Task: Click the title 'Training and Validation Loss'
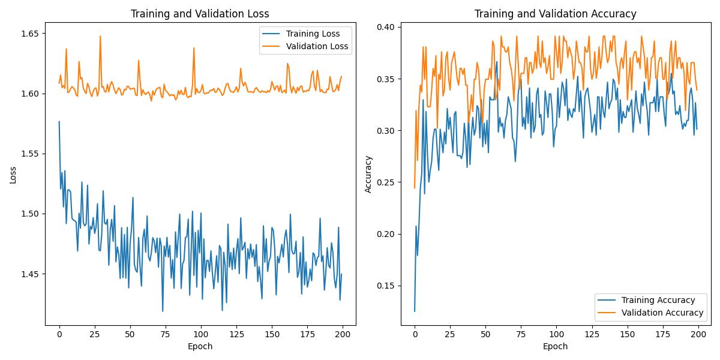pyautogui.click(x=200, y=14)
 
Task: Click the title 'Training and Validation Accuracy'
pyautogui.click(x=556, y=14)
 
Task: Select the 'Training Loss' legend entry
pyautogui.click(x=313, y=34)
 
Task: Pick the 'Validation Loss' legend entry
pyautogui.click(x=317, y=46)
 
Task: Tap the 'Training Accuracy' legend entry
pyautogui.click(x=658, y=300)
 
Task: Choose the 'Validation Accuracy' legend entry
pyautogui.click(x=662, y=313)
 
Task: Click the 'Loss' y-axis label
pyautogui.click(x=13, y=175)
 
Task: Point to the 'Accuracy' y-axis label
pyautogui.click(x=368, y=175)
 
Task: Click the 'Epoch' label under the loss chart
pyautogui.click(x=200, y=346)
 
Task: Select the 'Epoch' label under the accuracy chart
pyautogui.click(x=556, y=346)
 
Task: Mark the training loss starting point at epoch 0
pyautogui.click(x=59, y=122)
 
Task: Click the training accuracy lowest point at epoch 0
pyautogui.click(x=415, y=311)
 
